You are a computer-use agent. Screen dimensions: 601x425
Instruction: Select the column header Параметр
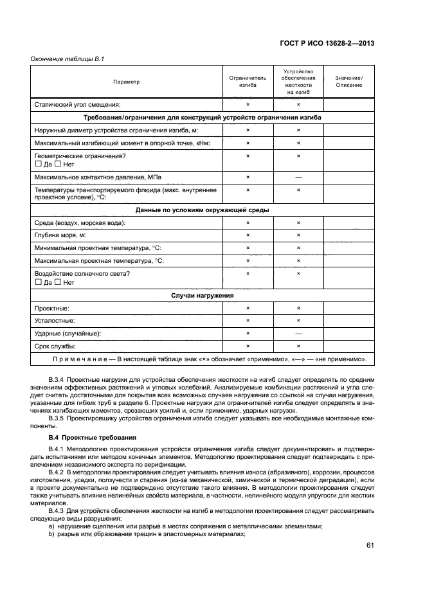point(126,82)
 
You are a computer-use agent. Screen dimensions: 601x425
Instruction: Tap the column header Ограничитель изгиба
point(248,82)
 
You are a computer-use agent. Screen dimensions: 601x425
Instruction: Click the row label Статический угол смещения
point(78,104)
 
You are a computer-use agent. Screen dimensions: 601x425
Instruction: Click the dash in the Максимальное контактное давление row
point(298,177)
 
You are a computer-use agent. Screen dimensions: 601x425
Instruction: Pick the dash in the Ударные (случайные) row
point(298,333)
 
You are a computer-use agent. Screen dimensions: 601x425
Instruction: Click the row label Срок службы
point(57,346)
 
